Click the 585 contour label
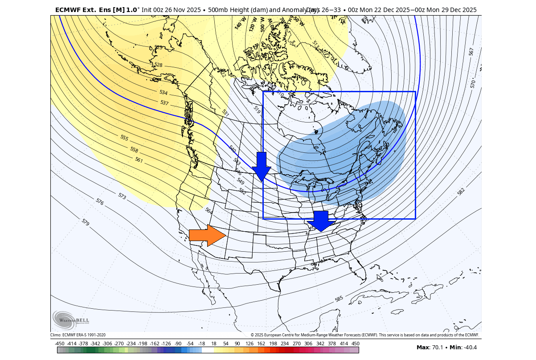[x=339, y=299]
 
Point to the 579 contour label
[x=86, y=221]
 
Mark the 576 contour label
[x=100, y=202]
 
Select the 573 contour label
[x=122, y=196]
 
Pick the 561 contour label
[x=139, y=160]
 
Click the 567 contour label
[x=471, y=52]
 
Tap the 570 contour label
[x=473, y=83]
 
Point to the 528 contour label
[x=158, y=65]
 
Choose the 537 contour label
[x=164, y=103]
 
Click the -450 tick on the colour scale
[x=60, y=344]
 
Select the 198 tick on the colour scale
[x=273, y=344]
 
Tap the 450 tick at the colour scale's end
[x=355, y=344]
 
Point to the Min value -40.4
[x=469, y=348]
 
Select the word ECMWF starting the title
[x=67, y=10]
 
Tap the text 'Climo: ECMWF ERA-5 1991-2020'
[x=78, y=335]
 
